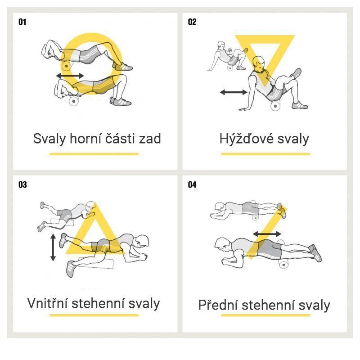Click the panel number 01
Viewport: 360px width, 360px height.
(x=22, y=22)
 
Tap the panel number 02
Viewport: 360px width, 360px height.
(x=192, y=22)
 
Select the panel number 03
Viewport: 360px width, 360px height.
(x=22, y=184)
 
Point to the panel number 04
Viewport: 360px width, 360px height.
(x=192, y=184)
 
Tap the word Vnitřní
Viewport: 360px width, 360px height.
(x=48, y=303)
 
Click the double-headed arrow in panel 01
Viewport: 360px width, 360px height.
(x=70, y=76)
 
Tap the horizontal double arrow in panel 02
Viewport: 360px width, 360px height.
(x=234, y=92)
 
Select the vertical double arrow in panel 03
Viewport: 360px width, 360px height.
(x=53, y=247)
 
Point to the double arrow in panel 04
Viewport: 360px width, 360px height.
(x=267, y=234)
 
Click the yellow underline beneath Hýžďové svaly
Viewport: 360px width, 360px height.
(x=265, y=154)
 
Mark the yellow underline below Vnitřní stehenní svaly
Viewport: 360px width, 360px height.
(x=94, y=315)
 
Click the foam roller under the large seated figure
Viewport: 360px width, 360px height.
(x=275, y=106)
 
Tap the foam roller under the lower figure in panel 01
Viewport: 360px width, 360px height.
(x=74, y=101)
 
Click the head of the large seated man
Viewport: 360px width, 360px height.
(x=259, y=64)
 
